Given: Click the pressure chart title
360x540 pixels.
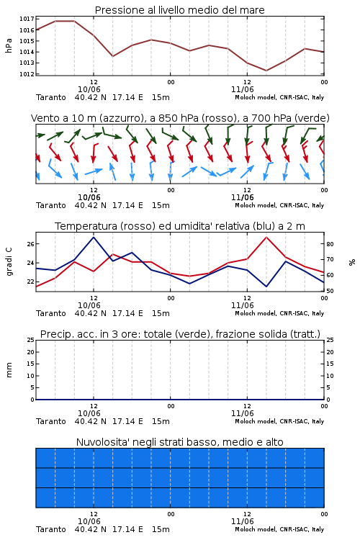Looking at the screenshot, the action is click(179, 10).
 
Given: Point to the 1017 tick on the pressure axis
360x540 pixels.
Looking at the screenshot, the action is click(27, 19).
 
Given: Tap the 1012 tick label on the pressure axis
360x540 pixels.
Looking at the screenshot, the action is click(27, 74).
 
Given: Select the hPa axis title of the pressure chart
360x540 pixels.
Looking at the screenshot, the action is click(9, 46).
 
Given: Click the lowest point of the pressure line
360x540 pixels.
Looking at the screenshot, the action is click(266, 71).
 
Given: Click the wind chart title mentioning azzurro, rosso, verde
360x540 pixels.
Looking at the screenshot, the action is click(180, 118).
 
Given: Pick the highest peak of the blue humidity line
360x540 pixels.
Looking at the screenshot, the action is click(94, 237).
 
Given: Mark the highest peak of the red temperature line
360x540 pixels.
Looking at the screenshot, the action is click(266, 237).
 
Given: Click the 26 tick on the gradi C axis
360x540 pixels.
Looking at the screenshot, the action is click(31, 244).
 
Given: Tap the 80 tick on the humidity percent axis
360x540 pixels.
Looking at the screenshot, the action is click(330, 244).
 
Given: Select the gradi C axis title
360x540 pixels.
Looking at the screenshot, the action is click(9, 261).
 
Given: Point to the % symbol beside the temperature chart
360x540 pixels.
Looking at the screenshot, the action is click(352, 262).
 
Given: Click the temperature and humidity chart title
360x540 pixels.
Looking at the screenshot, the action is click(180, 226).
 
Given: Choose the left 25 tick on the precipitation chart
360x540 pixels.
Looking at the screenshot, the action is click(31, 341).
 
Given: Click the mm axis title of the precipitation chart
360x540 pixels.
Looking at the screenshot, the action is click(9, 370).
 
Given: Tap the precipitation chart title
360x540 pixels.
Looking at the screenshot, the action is click(180, 334).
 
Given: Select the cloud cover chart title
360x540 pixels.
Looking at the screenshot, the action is click(179, 442).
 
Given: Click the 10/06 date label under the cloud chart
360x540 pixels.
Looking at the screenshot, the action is click(89, 521).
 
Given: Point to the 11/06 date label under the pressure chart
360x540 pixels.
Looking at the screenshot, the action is click(242, 89).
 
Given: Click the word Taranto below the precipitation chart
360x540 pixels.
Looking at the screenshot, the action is click(50, 421).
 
